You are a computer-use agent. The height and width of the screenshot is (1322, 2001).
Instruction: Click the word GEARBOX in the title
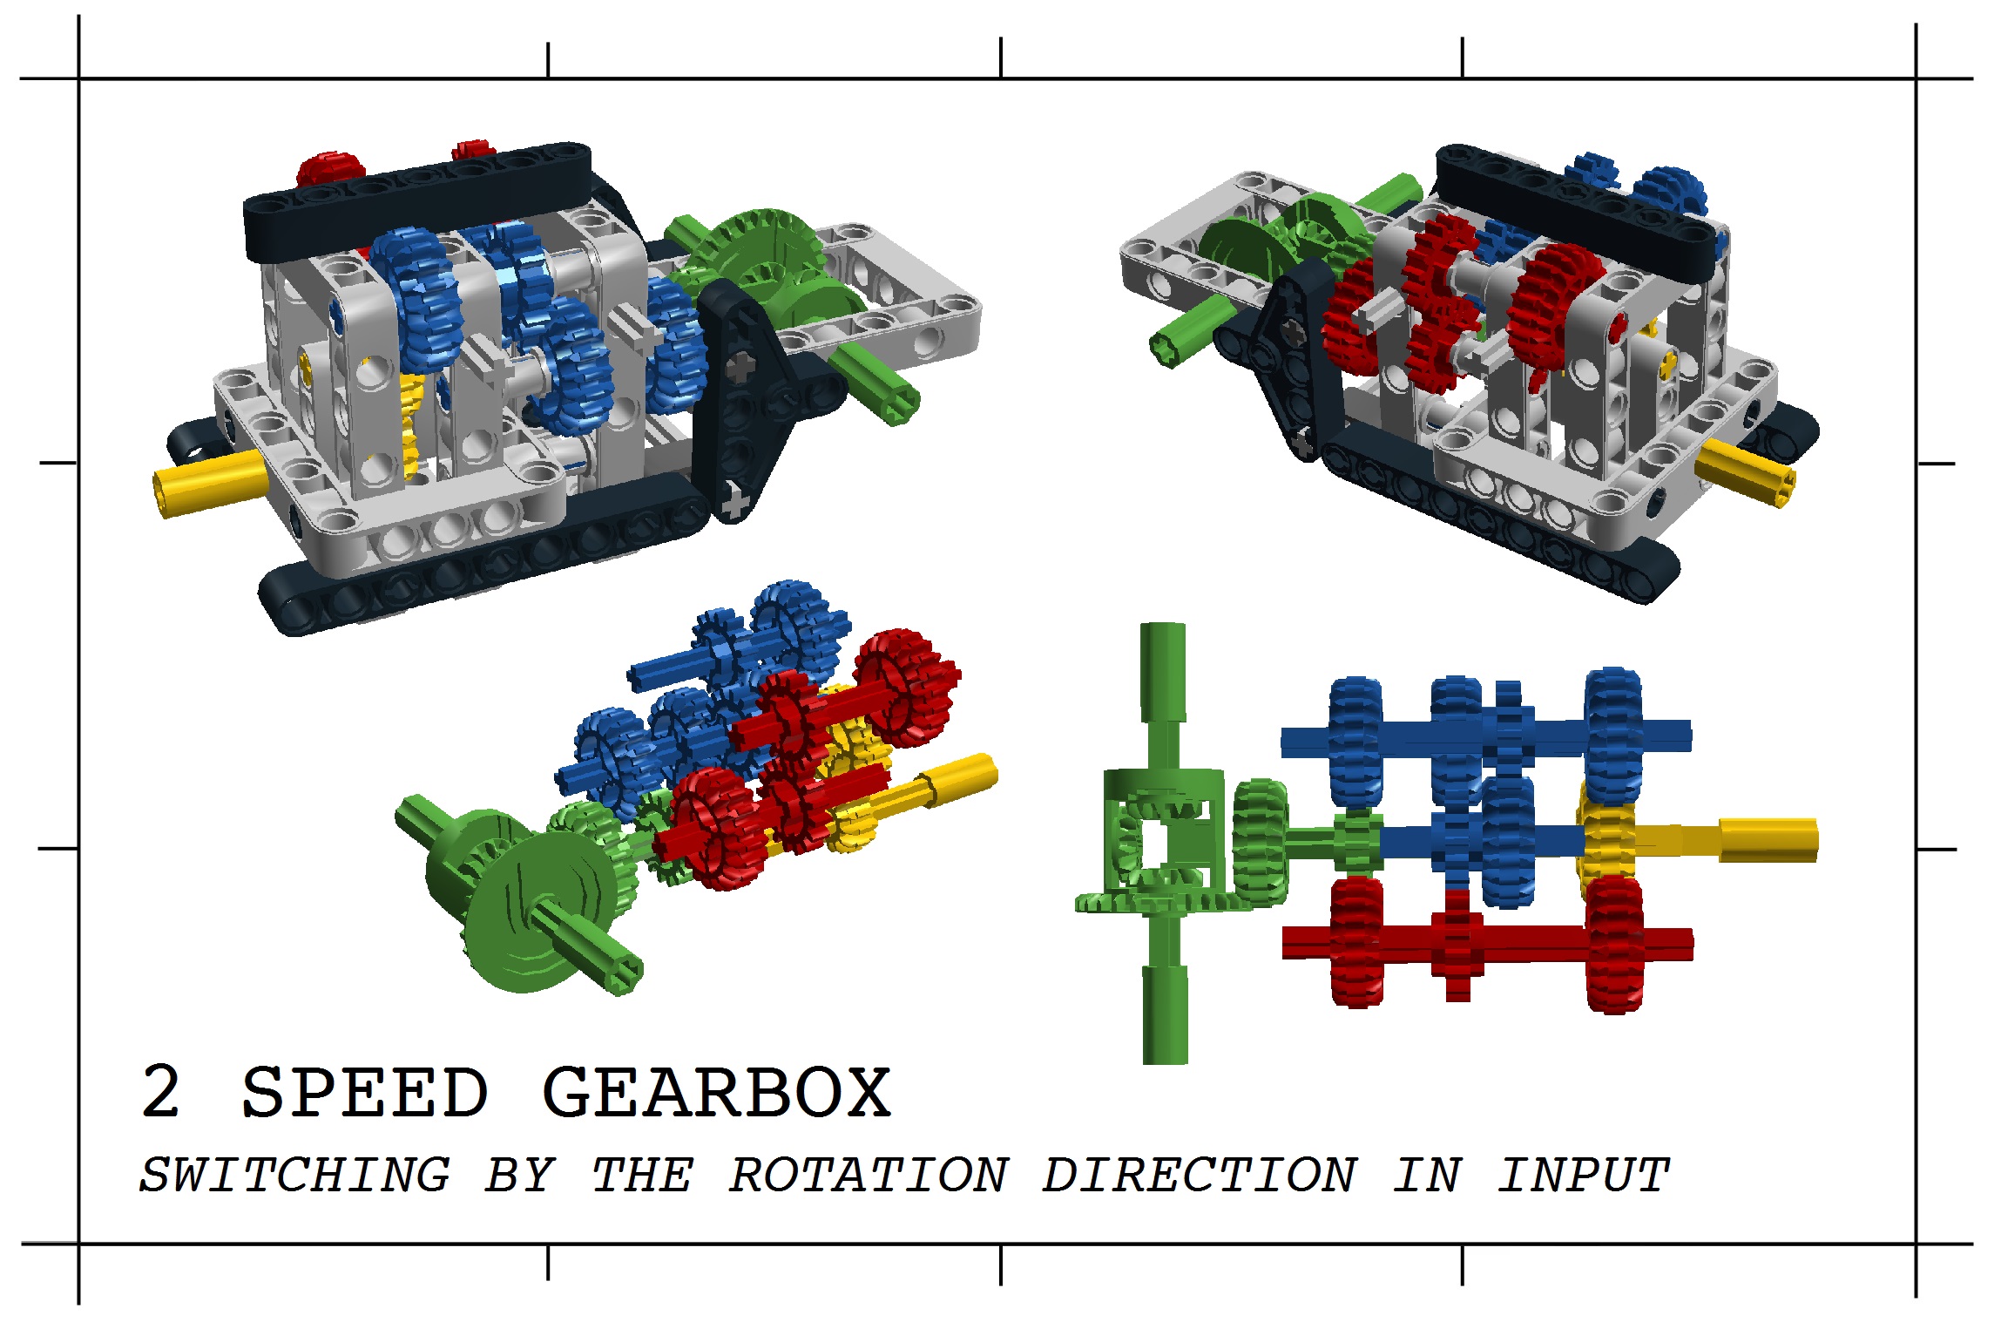(716, 1092)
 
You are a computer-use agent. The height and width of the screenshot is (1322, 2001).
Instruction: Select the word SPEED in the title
(364, 1092)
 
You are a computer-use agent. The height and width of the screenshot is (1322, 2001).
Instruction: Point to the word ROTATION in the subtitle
(869, 1175)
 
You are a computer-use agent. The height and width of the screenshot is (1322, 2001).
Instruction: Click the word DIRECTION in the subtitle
(1200, 1175)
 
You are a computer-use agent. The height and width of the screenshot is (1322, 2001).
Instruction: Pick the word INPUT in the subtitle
(1583, 1175)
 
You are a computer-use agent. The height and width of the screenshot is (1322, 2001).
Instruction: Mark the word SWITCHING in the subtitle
(295, 1175)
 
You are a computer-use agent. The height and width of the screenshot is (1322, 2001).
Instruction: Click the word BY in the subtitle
(520, 1175)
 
